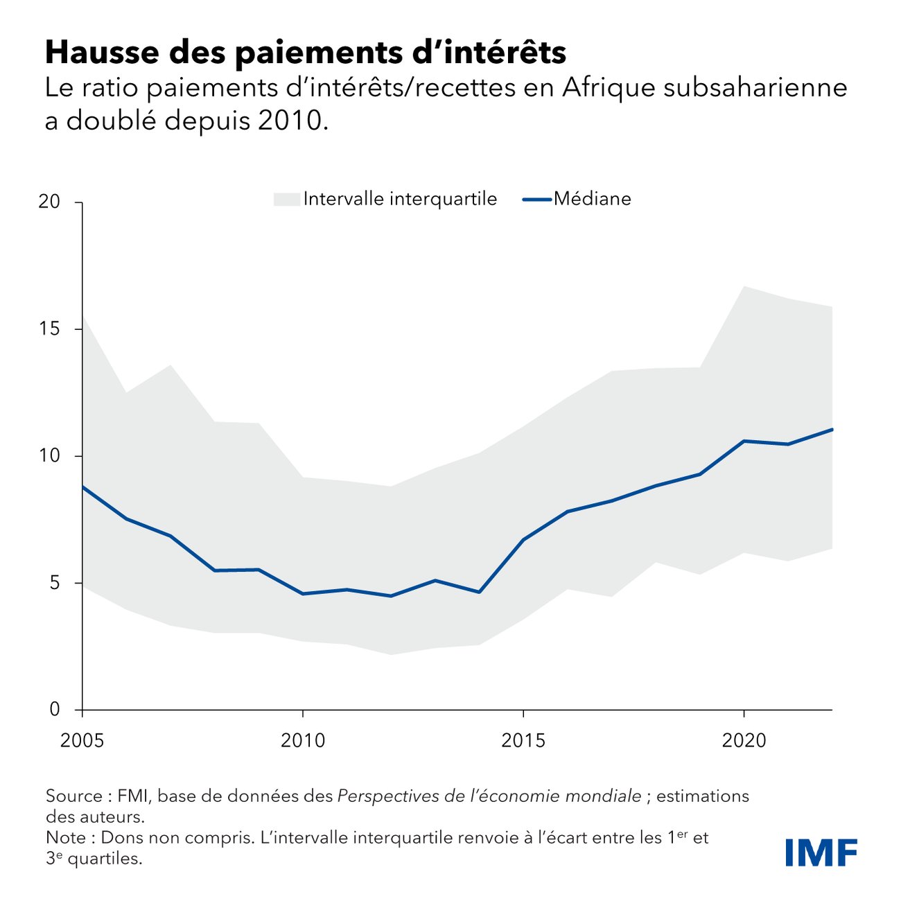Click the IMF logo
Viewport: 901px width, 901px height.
(821, 852)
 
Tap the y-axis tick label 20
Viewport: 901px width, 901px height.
(49, 202)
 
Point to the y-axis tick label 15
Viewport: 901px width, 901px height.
(49, 329)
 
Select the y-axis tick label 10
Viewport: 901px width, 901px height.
(49, 455)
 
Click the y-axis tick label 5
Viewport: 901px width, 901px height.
(55, 582)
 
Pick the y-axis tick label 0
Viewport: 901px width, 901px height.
(55, 709)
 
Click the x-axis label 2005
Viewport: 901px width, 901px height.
(82, 741)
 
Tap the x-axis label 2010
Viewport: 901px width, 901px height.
(303, 741)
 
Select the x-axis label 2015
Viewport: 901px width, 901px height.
(523, 741)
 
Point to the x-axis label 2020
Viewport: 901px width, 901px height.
(744, 741)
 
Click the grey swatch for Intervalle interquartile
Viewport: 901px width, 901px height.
(286, 200)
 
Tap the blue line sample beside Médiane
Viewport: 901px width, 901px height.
(536, 200)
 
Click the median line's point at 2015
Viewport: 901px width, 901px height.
(523, 539)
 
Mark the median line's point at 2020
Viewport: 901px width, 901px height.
(744, 441)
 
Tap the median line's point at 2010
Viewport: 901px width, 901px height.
(303, 594)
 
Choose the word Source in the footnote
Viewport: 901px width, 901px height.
(74, 796)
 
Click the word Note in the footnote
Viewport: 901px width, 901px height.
(66, 837)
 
